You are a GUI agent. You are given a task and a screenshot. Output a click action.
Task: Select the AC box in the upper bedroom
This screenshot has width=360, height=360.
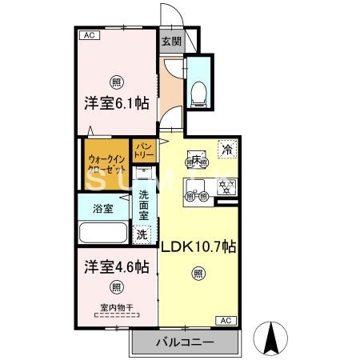coord(89,36)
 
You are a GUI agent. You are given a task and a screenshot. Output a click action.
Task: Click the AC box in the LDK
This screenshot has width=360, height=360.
coord(225,320)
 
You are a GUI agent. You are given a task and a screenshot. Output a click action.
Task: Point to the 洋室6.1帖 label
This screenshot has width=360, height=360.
coord(118,102)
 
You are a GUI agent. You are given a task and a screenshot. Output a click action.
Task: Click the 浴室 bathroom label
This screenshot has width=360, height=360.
coord(102,209)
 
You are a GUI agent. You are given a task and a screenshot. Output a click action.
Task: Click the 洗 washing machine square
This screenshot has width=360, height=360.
coord(142,235)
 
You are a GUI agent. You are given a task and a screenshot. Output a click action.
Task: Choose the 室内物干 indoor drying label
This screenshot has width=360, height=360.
coord(116,308)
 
